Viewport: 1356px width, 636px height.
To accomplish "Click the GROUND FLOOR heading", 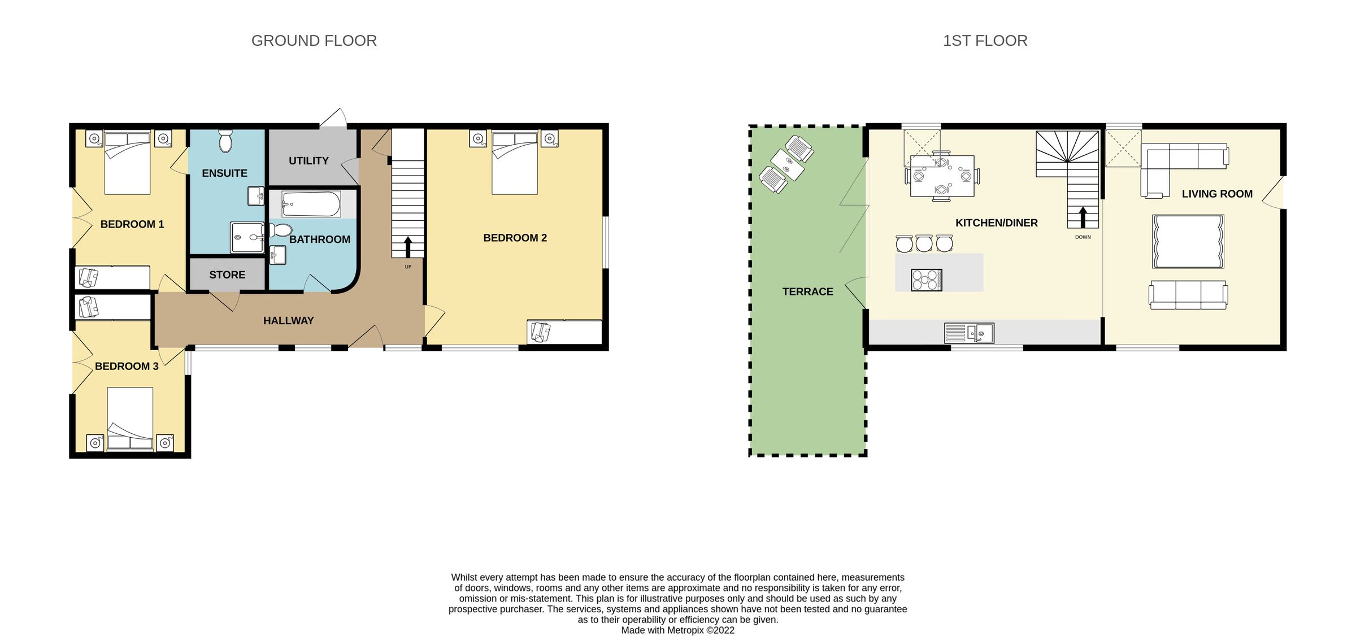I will click(314, 41).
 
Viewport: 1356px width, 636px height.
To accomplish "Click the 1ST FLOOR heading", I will click(985, 41).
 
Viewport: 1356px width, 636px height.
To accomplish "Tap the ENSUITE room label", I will click(224, 173).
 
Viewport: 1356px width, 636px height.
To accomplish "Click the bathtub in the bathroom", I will click(311, 204).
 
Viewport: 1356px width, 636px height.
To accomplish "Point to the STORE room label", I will click(227, 275).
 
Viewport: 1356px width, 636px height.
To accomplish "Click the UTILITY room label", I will click(308, 161).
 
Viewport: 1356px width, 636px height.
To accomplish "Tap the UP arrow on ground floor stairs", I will click(408, 247).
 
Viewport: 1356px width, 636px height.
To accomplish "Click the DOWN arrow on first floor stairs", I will click(1083, 217).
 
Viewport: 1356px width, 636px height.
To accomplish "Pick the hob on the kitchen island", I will click(927, 280).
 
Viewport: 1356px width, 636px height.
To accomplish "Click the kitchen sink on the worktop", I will click(970, 333).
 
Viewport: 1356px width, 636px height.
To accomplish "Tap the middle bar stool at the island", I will click(924, 243).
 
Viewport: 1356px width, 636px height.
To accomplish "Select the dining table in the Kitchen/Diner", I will click(942, 176).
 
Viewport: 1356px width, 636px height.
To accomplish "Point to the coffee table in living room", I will click(1188, 241).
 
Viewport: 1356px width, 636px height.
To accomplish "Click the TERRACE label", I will click(807, 292).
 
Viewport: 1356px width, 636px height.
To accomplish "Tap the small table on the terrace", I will click(787, 164).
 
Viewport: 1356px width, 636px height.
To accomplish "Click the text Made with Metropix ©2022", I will click(677, 630).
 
